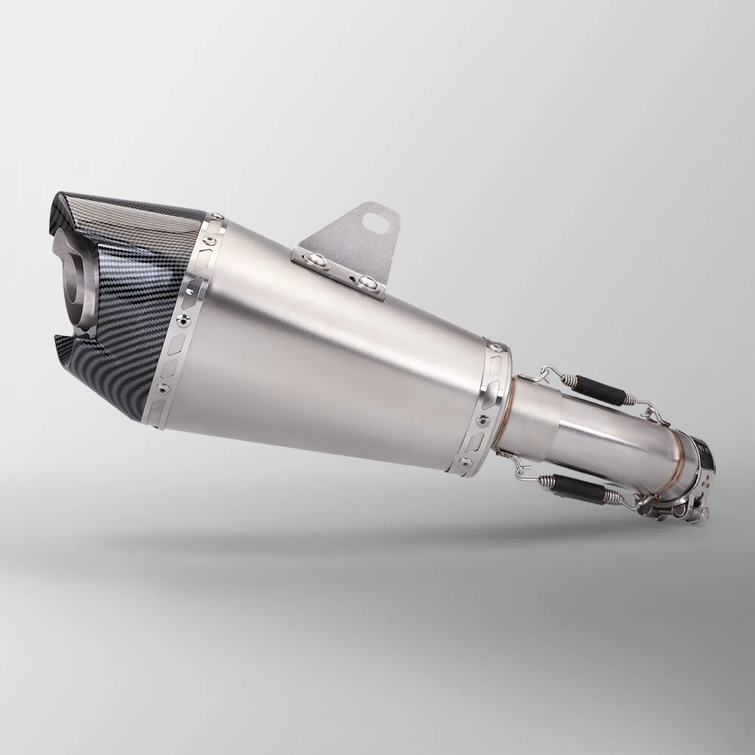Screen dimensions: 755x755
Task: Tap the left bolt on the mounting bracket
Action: pyautogui.click(x=322, y=260)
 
